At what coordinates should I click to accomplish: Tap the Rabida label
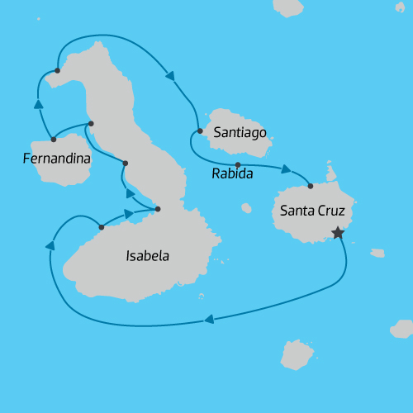[232, 174]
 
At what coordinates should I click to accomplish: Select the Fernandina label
[57, 156]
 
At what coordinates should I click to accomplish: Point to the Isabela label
[147, 256]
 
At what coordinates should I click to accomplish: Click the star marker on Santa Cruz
[337, 233]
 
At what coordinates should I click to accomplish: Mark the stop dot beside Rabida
[237, 164]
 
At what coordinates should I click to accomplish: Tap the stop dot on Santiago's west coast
[200, 131]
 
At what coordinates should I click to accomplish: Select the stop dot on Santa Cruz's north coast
[311, 186]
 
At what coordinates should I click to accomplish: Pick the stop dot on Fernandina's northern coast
[53, 139]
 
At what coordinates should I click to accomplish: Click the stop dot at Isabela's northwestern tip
[57, 70]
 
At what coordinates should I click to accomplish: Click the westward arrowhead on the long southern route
[209, 320]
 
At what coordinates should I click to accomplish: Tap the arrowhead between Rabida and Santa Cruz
[286, 169]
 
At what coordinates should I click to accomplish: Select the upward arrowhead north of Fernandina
[38, 104]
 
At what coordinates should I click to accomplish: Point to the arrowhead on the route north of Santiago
[170, 76]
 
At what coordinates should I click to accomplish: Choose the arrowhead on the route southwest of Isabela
[50, 245]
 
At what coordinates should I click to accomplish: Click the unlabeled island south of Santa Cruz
[297, 354]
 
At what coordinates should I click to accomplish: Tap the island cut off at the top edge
[288, 7]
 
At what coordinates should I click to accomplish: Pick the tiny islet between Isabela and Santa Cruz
[246, 208]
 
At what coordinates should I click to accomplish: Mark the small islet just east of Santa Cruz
[377, 253]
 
